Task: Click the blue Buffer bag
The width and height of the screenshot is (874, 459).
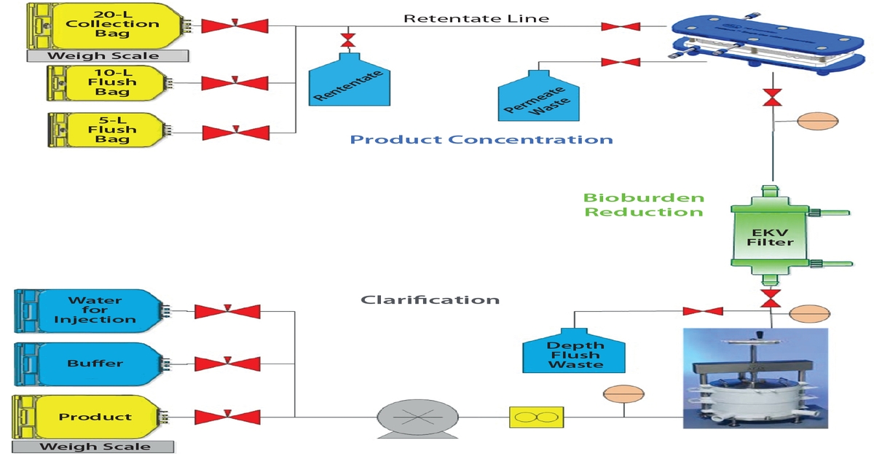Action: click(91, 363)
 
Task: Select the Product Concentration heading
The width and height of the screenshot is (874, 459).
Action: click(481, 139)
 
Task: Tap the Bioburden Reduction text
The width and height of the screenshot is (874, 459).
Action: click(644, 205)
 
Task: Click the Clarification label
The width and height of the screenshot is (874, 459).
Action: click(430, 299)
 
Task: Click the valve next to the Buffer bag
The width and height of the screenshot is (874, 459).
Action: click(227, 364)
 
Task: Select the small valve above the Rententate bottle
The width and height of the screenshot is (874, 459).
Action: click(348, 38)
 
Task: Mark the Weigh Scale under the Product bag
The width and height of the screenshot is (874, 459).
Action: click(95, 447)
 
